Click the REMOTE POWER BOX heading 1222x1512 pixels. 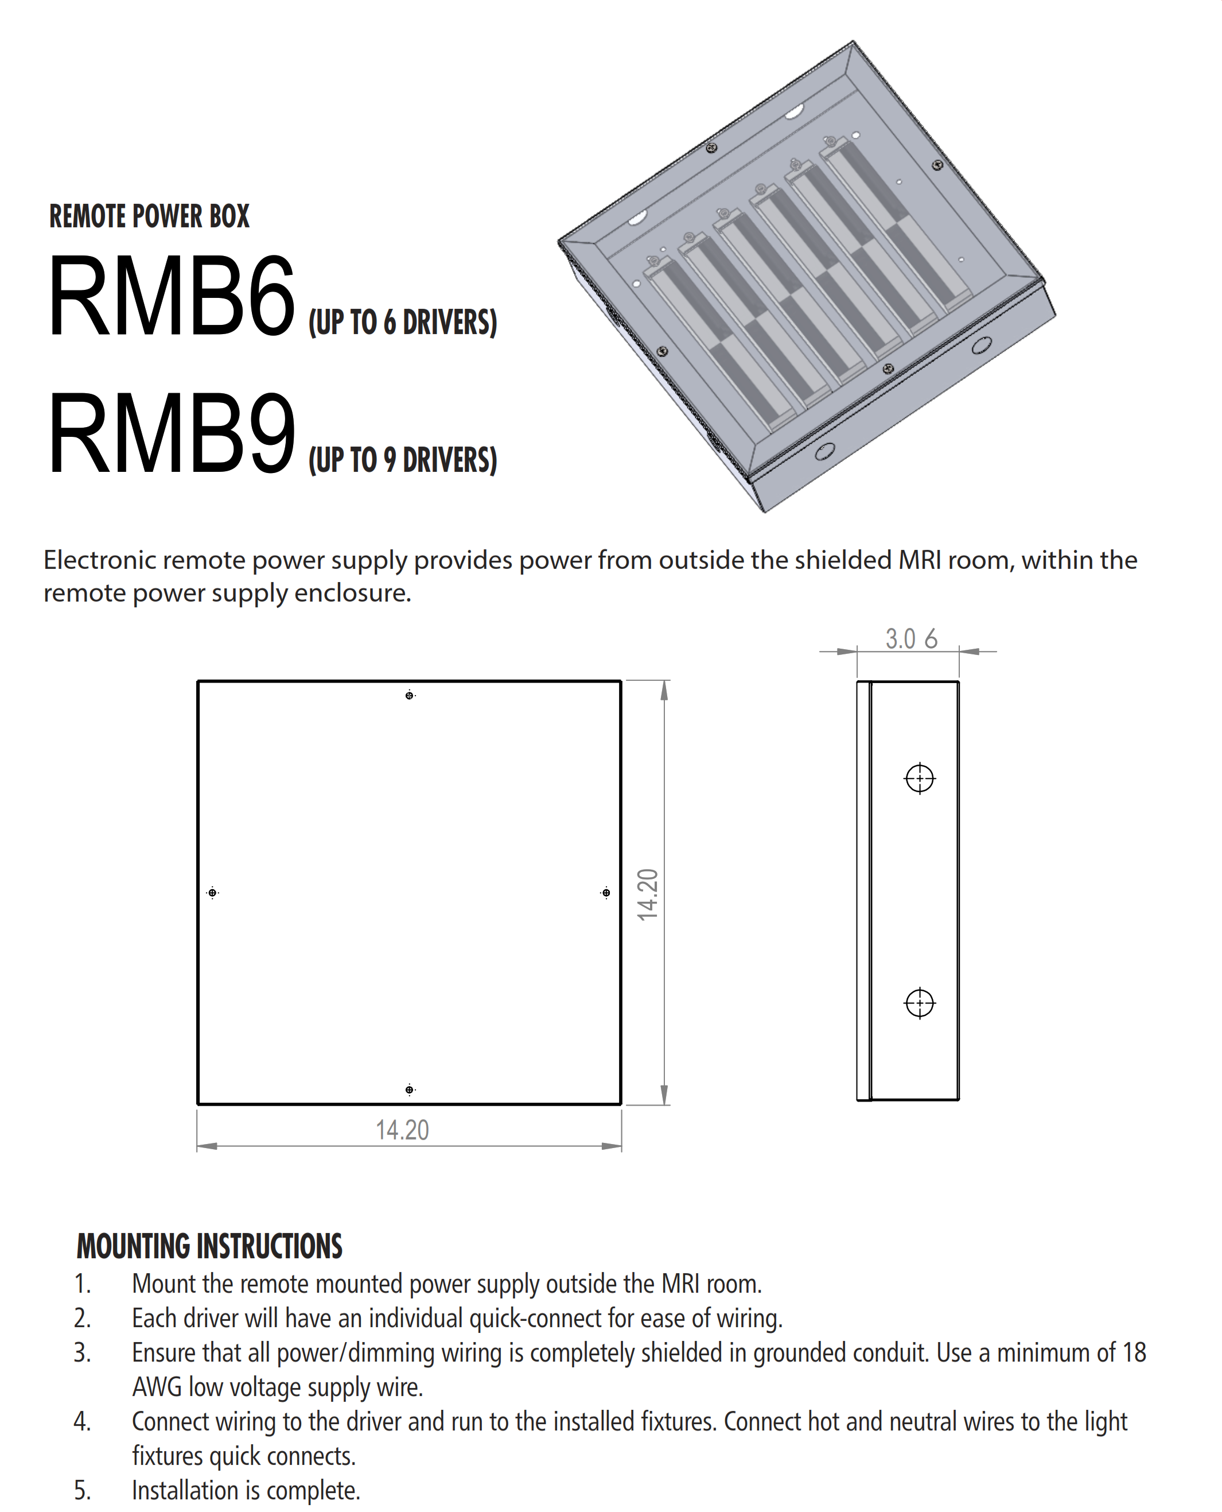[149, 216]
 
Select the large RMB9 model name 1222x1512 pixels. [171, 434]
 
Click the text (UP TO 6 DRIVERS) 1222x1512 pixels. [403, 323]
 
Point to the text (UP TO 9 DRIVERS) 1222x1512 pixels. [403, 460]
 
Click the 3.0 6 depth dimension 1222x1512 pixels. [911, 639]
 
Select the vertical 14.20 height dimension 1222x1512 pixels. [648, 894]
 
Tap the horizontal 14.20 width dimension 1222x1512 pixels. [402, 1130]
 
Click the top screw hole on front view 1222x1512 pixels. [410, 696]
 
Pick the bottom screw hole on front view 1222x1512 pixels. [410, 1090]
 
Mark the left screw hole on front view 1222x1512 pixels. [213, 893]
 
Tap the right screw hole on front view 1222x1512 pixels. [606, 893]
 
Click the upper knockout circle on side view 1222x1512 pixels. [919, 778]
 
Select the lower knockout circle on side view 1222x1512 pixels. [919, 1003]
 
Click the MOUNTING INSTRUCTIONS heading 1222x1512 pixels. [209, 1246]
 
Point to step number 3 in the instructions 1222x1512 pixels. [83, 1353]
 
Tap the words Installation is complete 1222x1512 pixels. [246, 1491]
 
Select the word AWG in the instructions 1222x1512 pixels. [157, 1387]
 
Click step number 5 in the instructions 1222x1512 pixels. [83, 1491]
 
